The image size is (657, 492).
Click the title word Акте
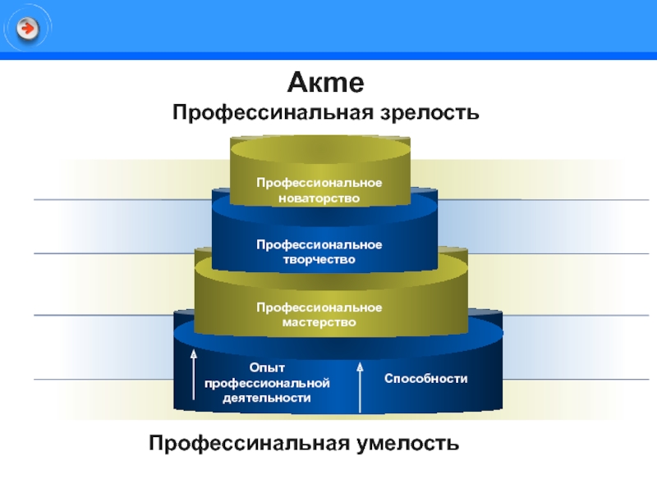pos(325,84)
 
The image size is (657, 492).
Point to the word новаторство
pos(319,198)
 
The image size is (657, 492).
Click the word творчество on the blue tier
pos(319,260)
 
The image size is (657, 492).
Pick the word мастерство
pos(319,322)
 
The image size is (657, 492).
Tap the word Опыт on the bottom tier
pos(267,368)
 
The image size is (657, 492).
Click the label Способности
pos(425,379)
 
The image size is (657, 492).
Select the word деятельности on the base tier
pos(267,398)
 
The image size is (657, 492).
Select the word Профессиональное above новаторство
pos(319,183)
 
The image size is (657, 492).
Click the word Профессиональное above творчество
pos(319,245)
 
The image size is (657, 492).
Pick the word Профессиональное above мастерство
pos(319,307)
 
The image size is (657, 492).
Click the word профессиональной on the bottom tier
pos(267,383)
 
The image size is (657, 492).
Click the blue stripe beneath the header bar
pos(328,56)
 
